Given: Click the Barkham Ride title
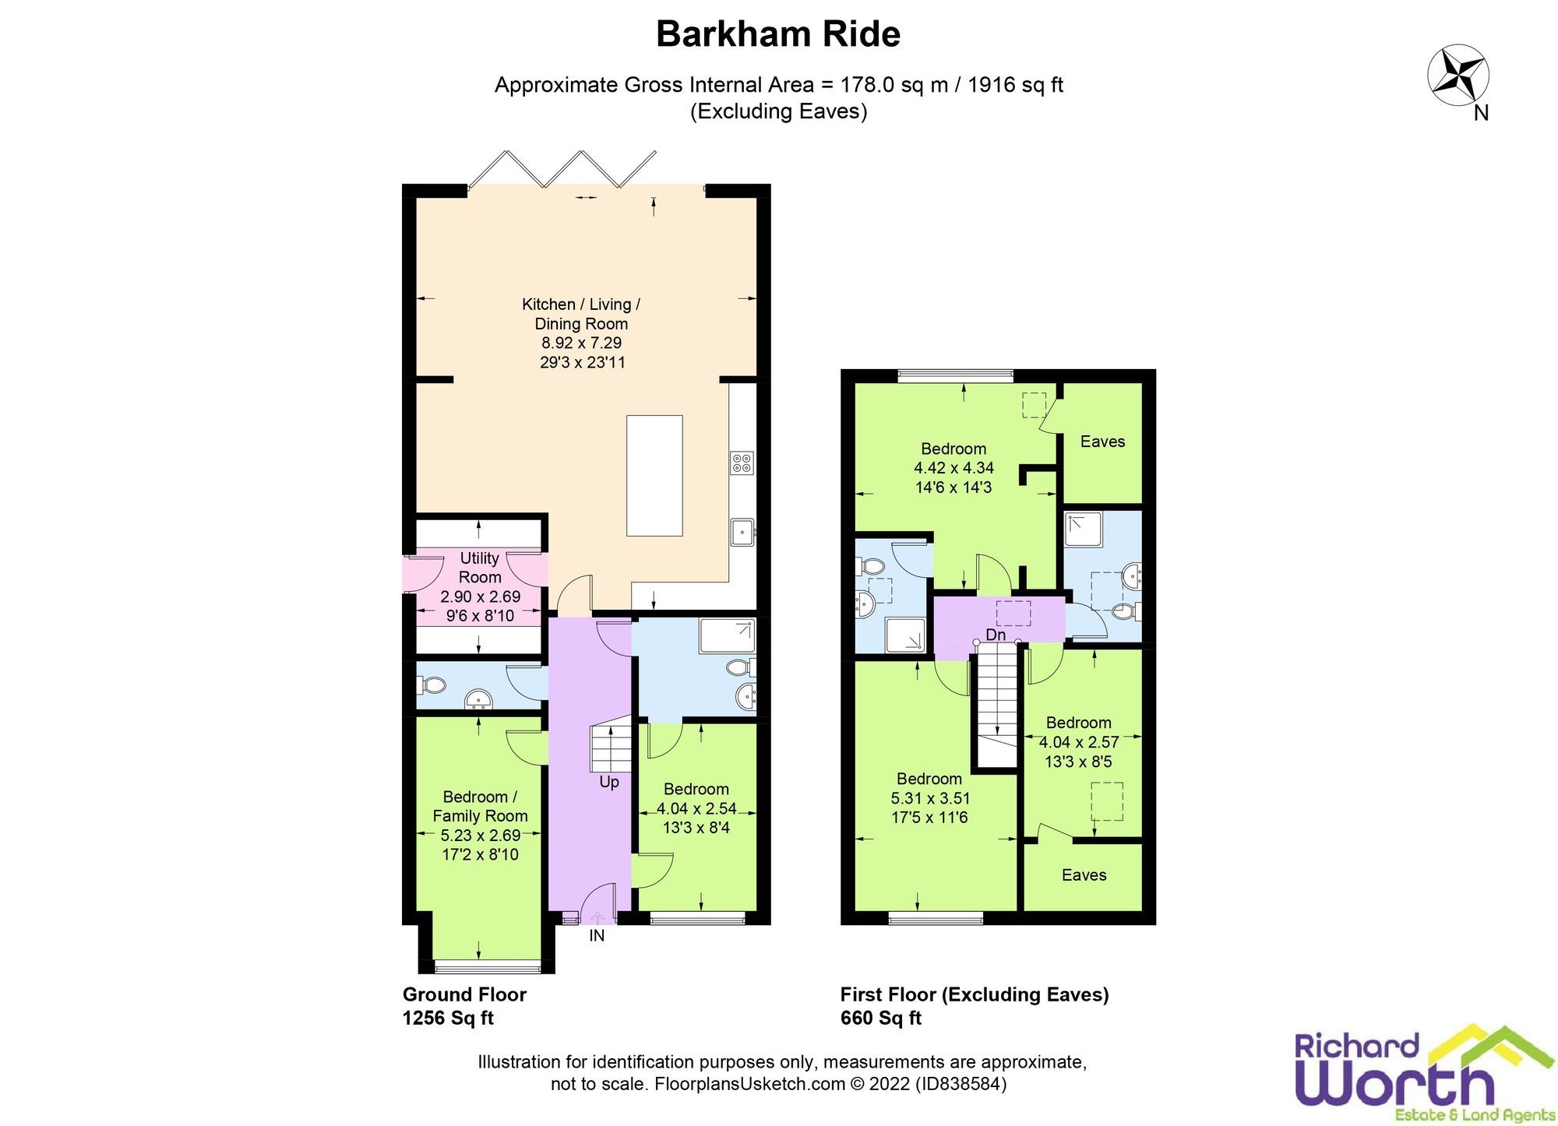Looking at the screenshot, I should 777,34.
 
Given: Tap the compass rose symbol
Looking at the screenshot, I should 1458,76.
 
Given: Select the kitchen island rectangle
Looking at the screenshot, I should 654,475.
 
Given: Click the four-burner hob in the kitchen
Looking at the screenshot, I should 741,463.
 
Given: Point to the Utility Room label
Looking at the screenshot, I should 479,568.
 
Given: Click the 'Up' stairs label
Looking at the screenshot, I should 609,782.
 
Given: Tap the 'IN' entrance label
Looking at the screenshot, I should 597,935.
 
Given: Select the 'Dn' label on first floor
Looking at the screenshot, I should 996,635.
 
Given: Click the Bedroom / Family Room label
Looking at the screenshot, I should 480,806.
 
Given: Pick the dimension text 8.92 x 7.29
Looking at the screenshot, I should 581,343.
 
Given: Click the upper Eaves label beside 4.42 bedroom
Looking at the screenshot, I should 1102,442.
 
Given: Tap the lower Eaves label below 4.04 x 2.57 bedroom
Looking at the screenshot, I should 1084,874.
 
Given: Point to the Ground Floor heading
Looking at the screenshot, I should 464,994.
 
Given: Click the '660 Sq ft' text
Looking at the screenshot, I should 880,1018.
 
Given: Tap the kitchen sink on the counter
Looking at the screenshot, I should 741,533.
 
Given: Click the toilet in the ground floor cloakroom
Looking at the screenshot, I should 432,684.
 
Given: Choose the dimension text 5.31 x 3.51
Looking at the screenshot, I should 930,797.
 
